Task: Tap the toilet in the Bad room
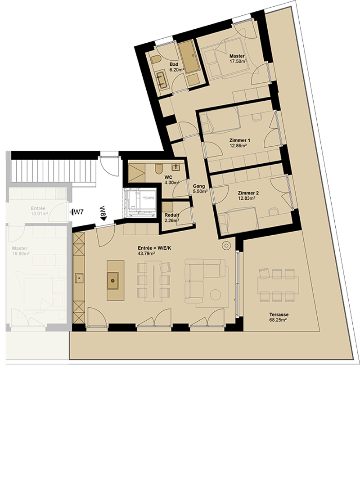(155, 60)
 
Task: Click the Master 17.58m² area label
(238, 58)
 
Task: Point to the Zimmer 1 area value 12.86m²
(236, 145)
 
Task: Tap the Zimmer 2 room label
(248, 193)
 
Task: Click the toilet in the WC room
(158, 169)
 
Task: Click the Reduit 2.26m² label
(171, 218)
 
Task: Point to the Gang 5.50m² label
(199, 188)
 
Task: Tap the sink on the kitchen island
(112, 280)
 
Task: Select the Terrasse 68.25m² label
(278, 317)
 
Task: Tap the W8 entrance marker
(103, 213)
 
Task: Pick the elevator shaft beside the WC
(140, 202)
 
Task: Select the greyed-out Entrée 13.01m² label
(39, 211)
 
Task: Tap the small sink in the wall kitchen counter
(79, 277)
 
